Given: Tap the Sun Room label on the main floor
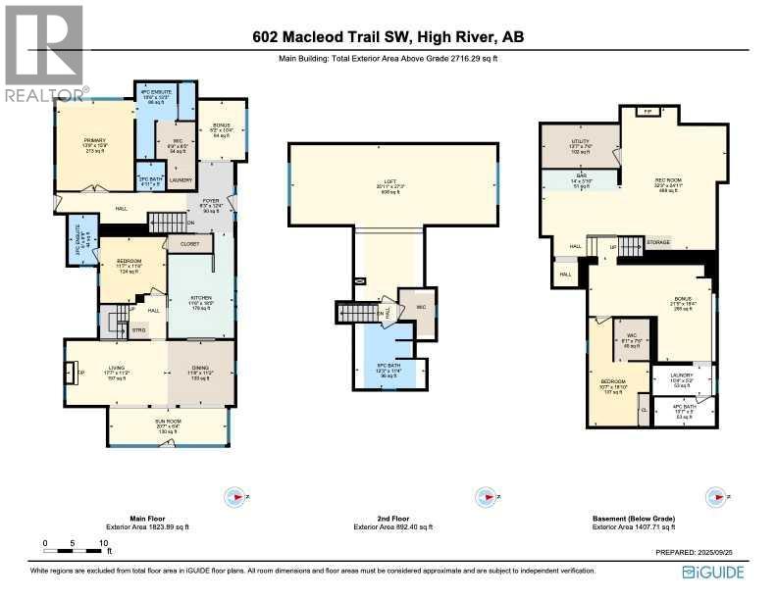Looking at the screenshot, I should pyautogui.click(x=167, y=425).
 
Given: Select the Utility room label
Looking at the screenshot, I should pyautogui.click(x=580, y=144).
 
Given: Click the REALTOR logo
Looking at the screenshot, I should pyautogui.click(x=44, y=54).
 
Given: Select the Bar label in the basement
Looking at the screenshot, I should pyautogui.click(x=580, y=179).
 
